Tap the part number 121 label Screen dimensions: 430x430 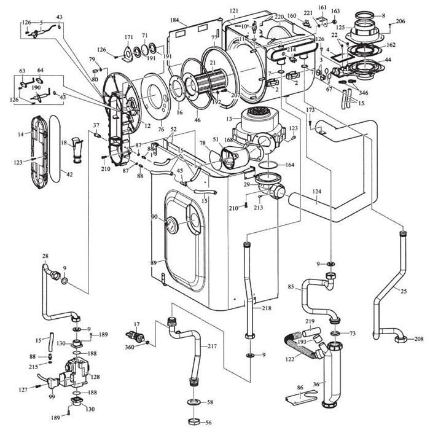[233, 12]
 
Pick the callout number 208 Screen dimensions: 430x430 [420, 339]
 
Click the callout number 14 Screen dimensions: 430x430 [20, 133]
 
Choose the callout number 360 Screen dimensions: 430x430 [130, 347]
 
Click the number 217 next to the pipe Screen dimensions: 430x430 [211, 346]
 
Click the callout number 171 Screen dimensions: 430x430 [128, 37]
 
